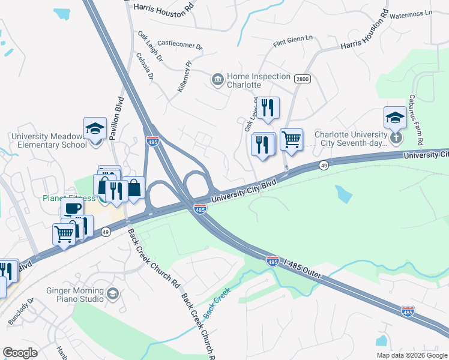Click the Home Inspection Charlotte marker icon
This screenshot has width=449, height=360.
pos(217,79)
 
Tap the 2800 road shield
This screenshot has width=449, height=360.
pos(301,79)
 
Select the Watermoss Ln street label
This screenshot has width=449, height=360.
pos(411,12)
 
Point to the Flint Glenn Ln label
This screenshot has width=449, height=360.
pos(293,41)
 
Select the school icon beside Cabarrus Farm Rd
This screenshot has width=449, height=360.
pos(395,118)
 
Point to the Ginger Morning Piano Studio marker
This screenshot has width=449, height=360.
pos(113,294)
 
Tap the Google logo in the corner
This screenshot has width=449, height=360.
pos(20,353)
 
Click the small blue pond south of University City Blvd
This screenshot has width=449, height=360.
pos(344,194)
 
